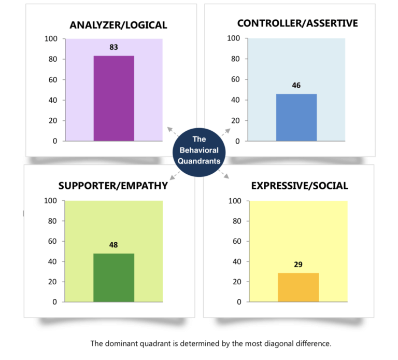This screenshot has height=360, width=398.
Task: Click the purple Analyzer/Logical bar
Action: [x=113, y=98]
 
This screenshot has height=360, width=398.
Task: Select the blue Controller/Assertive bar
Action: [x=296, y=117]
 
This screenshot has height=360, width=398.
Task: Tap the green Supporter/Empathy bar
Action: [x=113, y=278]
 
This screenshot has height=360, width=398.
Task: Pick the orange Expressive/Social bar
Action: [x=298, y=287]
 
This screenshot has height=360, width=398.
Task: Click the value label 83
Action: [x=113, y=47]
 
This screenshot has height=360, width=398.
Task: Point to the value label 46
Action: [x=296, y=86]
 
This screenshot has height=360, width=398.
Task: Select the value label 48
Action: [x=113, y=245]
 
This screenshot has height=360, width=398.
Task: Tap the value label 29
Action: [x=298, y=265]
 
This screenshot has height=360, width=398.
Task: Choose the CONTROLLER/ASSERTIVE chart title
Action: [x=297, y=23]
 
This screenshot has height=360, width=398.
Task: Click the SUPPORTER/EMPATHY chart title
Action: [x=113, y=186]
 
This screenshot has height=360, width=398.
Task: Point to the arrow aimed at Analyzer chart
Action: [x=170, y=130]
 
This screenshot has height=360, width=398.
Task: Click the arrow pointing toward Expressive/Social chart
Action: [x=225, y=175]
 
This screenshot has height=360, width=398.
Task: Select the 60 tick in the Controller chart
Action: [x=236, y=79]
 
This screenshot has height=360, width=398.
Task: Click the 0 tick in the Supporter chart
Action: [x=54, y=302]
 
